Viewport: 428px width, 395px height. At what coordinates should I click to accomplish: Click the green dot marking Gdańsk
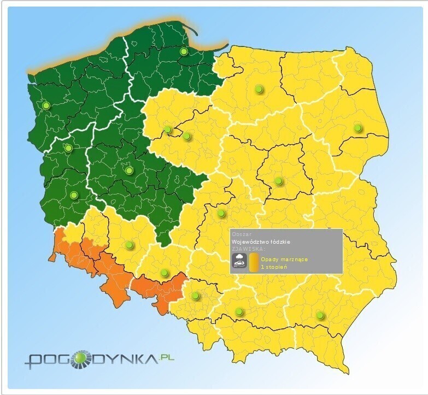pyautogui.click(x=184, y=52)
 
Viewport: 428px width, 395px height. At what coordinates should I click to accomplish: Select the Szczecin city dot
pyautogui.click(x=46, y=105)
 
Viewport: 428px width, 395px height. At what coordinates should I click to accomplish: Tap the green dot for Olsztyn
pyautogui.click(x=259, y=89)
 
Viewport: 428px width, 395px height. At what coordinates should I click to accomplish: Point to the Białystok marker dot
pyautogui.click(x=357, y=128)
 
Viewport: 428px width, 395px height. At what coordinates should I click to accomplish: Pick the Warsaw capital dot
pyautogui.click(x=278, y=181)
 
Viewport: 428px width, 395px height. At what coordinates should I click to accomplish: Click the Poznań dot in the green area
pyautogui.click(x=129, y=170)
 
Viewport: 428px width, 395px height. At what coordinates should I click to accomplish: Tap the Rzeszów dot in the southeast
pyautogui.click(x=320, y=315)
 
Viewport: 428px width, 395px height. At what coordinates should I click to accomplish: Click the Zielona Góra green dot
pyautogui.click(x=74, y=195)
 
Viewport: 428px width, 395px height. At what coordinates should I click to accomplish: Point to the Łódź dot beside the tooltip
pyautogui.click(x=221, y=213)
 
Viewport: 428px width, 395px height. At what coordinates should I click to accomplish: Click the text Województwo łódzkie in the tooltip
pyautogui.click(x=261, y=241)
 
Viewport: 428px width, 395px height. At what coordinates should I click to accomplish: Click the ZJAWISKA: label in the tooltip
pyautogui.click(x=244, y=248)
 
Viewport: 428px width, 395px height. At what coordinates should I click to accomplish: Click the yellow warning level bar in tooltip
pyautogui.click(x=254, y=262)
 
